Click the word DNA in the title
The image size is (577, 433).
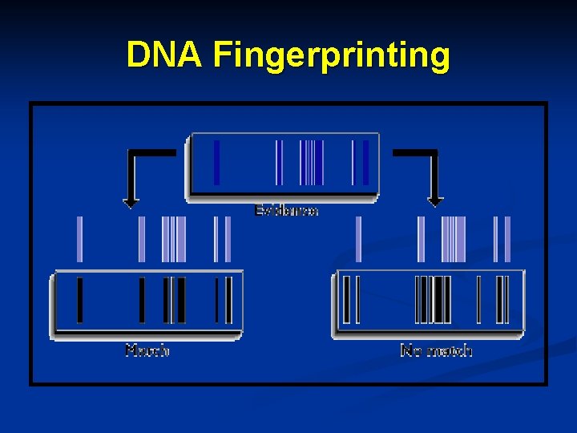click(164, 55)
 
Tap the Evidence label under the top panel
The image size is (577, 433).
click(286, 210)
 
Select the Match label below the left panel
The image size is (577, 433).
click(147, 350)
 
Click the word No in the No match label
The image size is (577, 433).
click(412, 350)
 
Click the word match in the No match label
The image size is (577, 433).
click(450, 350)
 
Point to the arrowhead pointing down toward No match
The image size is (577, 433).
click(435, 200)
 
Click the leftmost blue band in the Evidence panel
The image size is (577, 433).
click(216, 162)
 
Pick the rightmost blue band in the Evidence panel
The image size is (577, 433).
click(365, 162)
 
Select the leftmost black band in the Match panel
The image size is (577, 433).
click(79, 299)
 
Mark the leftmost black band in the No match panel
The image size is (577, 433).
click(346, 299)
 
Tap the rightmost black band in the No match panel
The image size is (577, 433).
click(506, 299)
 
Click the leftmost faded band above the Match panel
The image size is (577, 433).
click(79, 238)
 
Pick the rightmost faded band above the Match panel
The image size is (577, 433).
click(228, 238)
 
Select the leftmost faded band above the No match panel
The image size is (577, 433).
click(358, 238)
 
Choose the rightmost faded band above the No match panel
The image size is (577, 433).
click(507, 238)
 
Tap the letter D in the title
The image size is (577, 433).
click(139, 55)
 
